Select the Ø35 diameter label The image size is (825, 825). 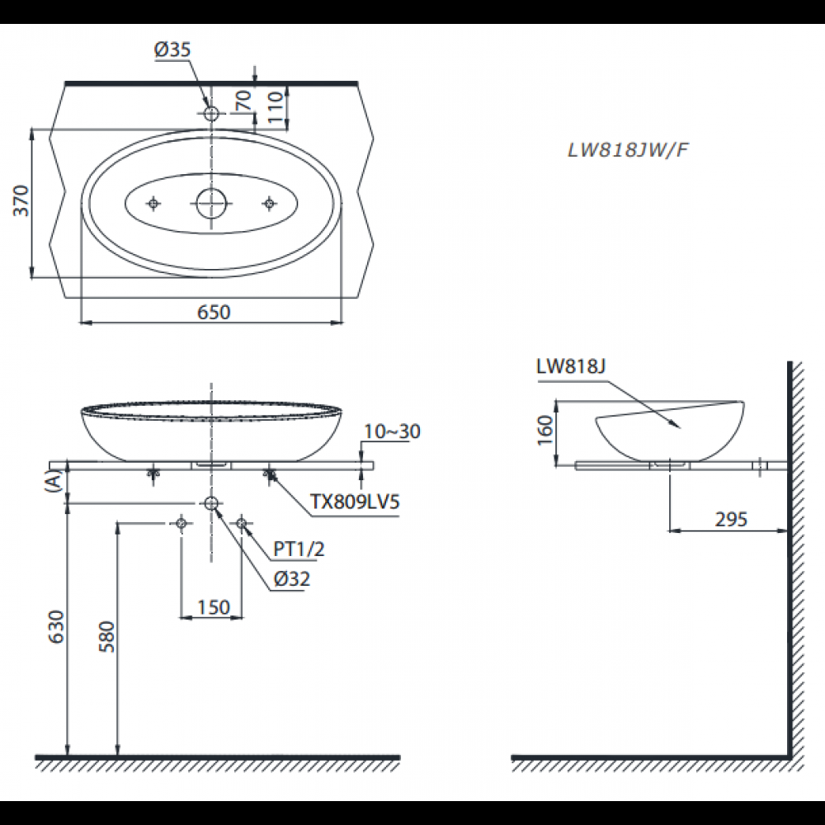coord(172,50)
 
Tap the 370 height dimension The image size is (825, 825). coord(21,201)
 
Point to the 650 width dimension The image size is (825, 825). coord(212,312)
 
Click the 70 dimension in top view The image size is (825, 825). coord(243,101)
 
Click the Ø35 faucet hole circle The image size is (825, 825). coord(212,113)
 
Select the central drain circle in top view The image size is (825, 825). coord(212,202)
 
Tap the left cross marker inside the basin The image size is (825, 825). coord(153,203)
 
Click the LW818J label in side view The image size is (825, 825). coord(570,367)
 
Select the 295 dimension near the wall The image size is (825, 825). coord(730,519)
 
